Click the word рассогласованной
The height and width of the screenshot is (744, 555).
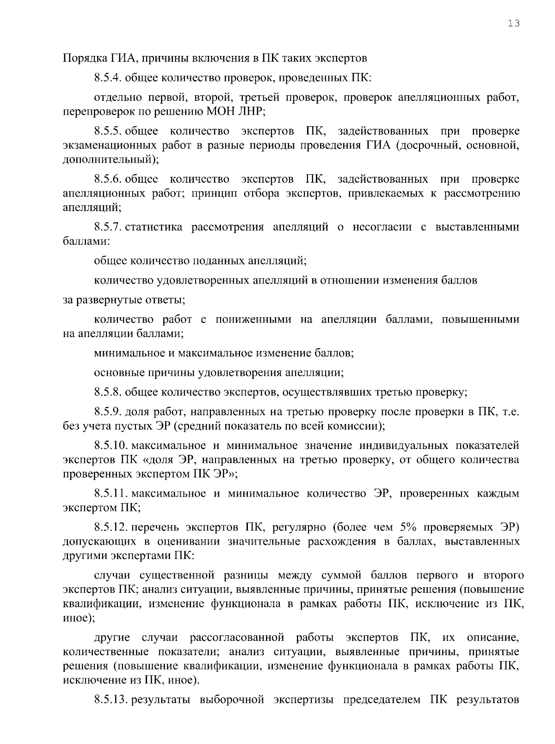237,638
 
